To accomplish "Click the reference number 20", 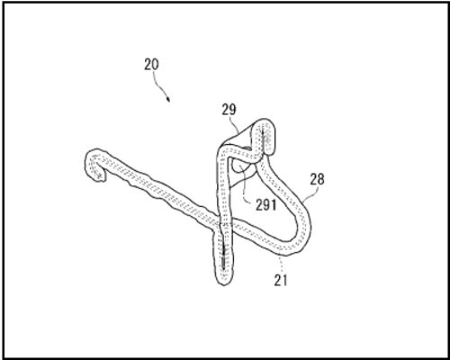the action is point(151,64).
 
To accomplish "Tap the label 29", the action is point(229,110).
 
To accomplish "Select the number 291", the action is point(265,205).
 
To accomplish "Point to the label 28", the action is point(317,179).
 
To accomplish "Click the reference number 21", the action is point(281,280).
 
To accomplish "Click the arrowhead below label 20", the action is point(168,99).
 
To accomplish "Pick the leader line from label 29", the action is point(234,125).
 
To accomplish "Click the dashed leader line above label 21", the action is point(281,264).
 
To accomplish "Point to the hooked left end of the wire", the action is point(94,165).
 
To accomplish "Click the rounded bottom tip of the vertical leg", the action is point(223,281).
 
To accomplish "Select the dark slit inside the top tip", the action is point(263,139).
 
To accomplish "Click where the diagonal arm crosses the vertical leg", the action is point(222,222).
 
